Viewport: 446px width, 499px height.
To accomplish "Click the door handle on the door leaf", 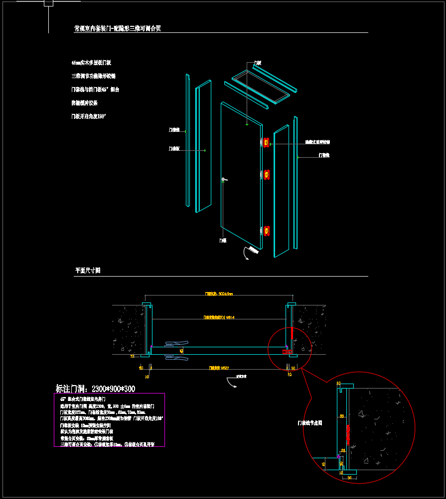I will pyautogui.click(x=224, y=180).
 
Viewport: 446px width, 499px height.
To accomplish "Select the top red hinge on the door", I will pyautogui.click(x=267, y=143).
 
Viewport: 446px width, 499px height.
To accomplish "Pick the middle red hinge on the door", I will pyautogui.click(x=267, y=175).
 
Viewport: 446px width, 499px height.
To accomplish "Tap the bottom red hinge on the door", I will pyautogui.click(x=267, y=231).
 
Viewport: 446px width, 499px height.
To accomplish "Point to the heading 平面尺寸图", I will pyautogui.click(x=88, y=271).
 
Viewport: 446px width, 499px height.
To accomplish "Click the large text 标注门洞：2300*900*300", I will pyautogui.click(x=95, y=389).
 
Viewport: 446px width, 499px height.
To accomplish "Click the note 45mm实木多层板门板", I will pyautogui.click(x=91, y=63).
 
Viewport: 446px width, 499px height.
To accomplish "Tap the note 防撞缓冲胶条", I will pyautogui.click(x=85, y=103).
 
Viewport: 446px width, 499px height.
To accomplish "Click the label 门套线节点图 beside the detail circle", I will pyautogui.click(x=310, y=423).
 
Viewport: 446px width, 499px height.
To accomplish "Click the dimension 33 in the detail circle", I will pyautogui.click(x=342, y=416).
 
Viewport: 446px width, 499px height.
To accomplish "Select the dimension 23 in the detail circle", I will pyautogui.click(x=343, y=450).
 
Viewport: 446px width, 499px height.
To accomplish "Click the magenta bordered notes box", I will pyautogui.click(x=109, y=419).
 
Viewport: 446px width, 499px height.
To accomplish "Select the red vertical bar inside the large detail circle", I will pyautogui.click(x=348, y=433).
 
